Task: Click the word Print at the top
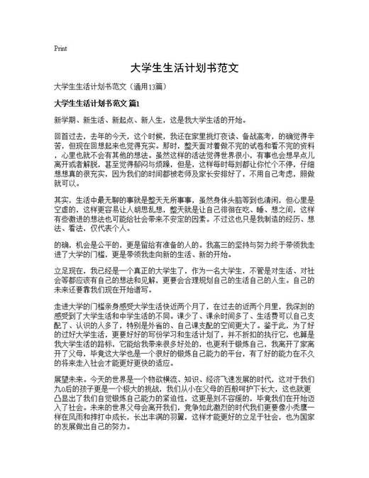point(61,49)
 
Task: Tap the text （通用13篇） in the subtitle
point(147,87)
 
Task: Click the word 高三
point(238,244)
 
